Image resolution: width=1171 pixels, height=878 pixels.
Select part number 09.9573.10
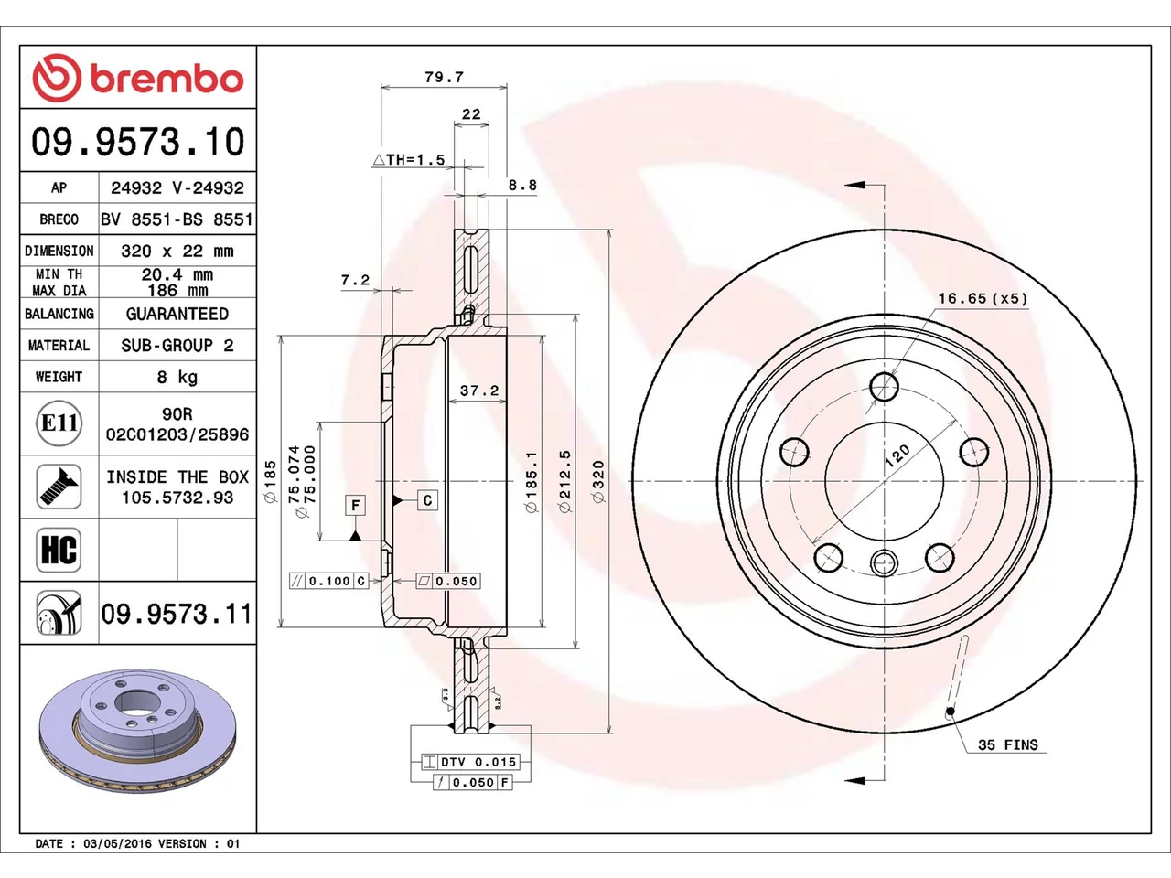click(x=137, y=142)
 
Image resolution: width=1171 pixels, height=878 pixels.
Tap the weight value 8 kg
click(x=177, y=378)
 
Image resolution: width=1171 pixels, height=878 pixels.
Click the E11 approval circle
click(x=59, y=423)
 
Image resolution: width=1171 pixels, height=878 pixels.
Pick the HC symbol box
click(x=59, y=550)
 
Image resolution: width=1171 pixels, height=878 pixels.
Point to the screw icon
click(x=59, y=487)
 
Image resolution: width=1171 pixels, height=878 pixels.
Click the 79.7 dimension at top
click(x=444, y=78)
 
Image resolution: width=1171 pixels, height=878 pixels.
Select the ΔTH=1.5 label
click(x=409, y=159)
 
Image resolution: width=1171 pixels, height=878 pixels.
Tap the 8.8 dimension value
click(x=522, y=185)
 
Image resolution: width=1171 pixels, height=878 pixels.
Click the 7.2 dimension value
click(x=355, y=280)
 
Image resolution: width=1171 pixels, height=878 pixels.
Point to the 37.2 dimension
click(x=479, y=391)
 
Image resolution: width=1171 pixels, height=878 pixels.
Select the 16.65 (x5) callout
click(x=983, y=298)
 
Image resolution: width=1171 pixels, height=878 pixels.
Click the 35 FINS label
click(x=1008, y=744)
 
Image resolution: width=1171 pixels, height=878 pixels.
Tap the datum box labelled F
click(x=355, y=505)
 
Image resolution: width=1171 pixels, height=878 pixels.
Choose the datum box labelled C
click(x=427, y=500)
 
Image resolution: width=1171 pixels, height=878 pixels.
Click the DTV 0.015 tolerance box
click(x=470, y=762)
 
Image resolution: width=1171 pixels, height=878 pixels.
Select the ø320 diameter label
click(x=598, y=481)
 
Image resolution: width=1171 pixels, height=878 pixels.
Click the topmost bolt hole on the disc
click(x=884, y=387)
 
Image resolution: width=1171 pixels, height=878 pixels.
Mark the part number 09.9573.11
click(x=176, y=614)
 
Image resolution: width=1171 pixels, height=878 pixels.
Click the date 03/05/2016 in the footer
click(x=117, y=844)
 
